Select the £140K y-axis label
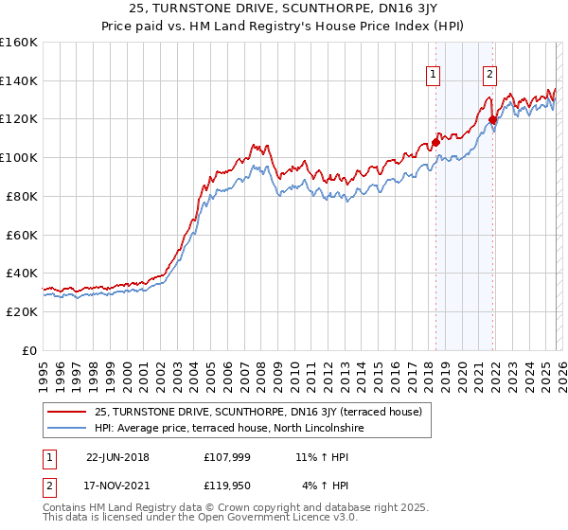19,80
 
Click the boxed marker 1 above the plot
433,76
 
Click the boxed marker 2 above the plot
490,76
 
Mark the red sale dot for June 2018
435,142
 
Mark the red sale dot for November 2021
492,119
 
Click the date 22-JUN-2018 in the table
117,457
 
